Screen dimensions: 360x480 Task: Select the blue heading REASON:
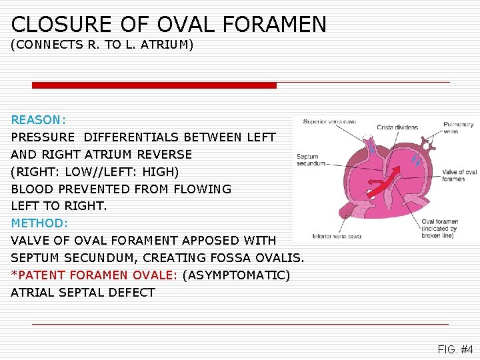(x=38, y=120)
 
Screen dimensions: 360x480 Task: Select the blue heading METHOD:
(x=39, y=223)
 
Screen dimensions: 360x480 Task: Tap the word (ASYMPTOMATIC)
(x=235, y=275)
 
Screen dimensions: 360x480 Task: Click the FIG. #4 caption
(x=455, y=349)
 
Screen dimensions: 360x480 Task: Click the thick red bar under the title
(x=154, y=85)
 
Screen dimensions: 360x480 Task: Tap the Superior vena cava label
(x=329, y=122)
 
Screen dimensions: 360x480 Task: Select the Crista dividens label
(x=397, y=127)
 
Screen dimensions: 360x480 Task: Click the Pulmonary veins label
(x=459, y=128)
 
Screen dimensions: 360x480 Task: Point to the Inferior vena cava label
(x=336, y=236)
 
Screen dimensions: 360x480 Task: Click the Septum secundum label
(x=311, y=160)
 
